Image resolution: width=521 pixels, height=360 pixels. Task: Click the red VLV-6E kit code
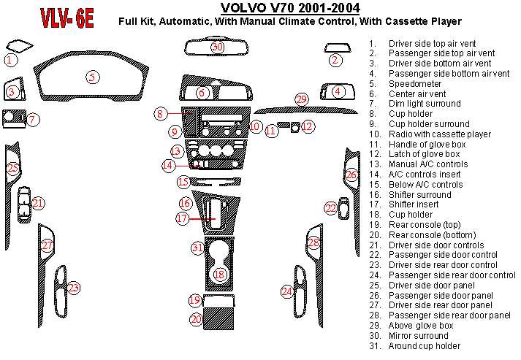(66, 18)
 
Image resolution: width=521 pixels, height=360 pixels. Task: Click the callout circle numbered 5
(91, 77)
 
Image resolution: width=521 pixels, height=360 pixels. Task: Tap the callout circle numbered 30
(217, 47)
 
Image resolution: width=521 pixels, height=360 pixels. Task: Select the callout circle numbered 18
(220, 274)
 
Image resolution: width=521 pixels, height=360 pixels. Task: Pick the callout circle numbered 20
(195, 319)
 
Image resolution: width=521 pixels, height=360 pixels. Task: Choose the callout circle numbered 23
(74, 288)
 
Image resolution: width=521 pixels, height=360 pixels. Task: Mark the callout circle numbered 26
(351, 175)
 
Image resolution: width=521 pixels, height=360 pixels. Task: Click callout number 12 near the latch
(308, 126)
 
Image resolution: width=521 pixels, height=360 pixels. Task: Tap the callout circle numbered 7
(34, 118)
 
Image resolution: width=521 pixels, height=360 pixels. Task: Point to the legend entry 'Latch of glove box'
(424, 154)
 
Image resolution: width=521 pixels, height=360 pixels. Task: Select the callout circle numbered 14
(168, 165)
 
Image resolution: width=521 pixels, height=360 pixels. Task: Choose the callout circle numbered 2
(335, 60)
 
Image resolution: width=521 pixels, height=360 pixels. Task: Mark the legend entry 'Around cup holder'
(424, 345)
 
